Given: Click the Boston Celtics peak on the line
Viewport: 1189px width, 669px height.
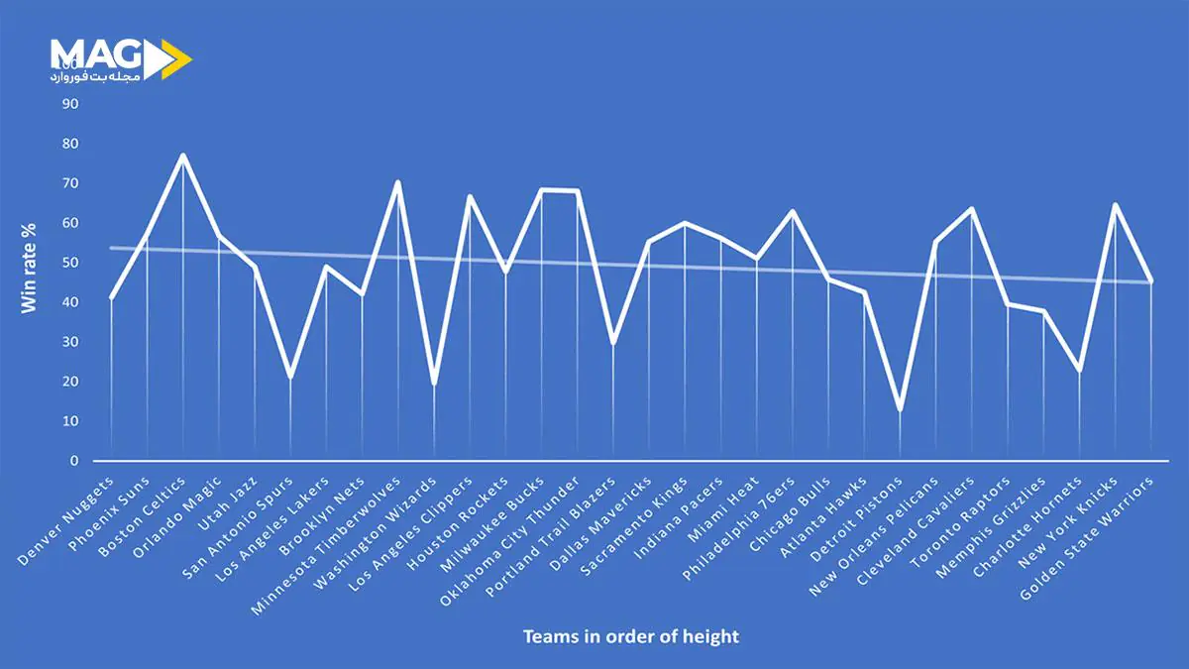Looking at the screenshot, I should [x=183, y=156].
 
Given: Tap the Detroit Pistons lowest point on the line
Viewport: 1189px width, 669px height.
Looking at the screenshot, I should [x=900, y=409].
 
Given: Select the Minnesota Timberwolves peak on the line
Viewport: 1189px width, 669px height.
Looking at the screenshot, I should [x=398, y=182].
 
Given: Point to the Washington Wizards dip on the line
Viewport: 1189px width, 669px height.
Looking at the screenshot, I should [x=434, y=384].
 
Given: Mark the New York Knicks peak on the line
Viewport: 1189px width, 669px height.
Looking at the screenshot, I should [x=1115, y=205].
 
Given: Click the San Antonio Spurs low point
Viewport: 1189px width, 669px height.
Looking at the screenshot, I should [x=290, y=378].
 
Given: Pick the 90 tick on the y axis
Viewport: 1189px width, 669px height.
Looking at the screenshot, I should [x=69, y=104].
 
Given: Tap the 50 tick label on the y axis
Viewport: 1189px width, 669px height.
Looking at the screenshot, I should [x=69, y=263].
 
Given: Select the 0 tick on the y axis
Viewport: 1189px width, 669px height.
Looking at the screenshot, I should [x=73, y=461].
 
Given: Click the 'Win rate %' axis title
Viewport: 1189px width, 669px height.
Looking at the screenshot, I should [x=30, y=268].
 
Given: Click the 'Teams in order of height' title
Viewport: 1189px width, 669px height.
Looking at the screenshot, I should [x=631, y=636].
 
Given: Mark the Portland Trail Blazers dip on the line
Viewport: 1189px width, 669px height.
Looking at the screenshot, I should [x=613, y=343].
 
